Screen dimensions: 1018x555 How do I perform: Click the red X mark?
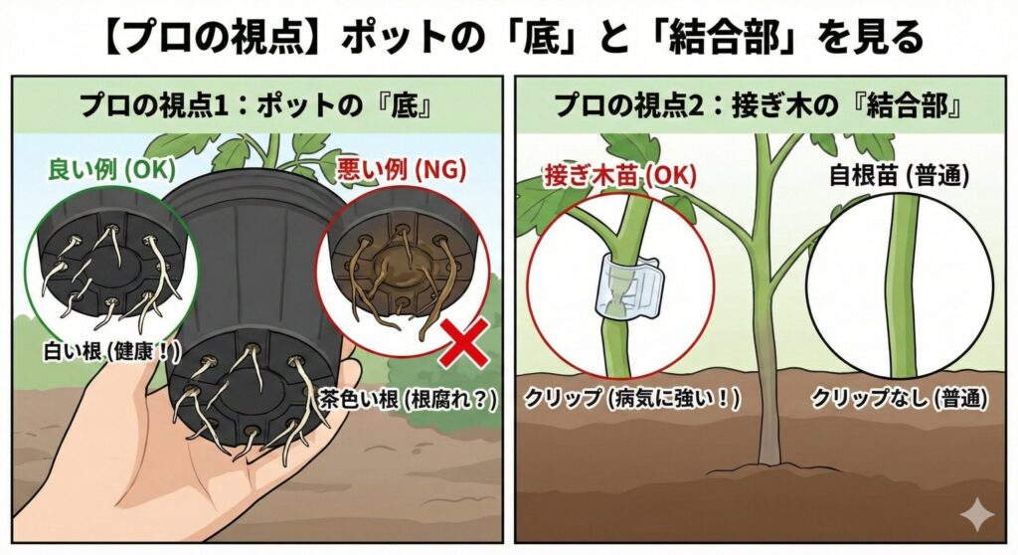pos(463,342)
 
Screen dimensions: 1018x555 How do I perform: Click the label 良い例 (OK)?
pos(111,170)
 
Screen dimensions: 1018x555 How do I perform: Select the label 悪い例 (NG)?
pos(402,170)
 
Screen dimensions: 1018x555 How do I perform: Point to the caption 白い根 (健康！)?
pos(111,352)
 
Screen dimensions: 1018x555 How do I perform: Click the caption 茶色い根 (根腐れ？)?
pos(407,399)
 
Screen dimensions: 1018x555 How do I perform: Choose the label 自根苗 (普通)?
pos(899,175)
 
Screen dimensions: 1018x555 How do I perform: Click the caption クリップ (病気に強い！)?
pos(631,398)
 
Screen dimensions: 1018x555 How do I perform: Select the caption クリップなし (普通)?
pos(899,398)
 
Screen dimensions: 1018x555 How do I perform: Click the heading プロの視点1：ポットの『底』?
pos(256,105)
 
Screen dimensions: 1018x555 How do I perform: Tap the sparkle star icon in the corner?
pos(977,515)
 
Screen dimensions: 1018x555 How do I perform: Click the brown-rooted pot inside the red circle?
pos(402,268)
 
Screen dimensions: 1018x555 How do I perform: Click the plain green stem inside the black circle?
pos(903,285)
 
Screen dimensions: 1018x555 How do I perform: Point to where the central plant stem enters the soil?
pos(768,462)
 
